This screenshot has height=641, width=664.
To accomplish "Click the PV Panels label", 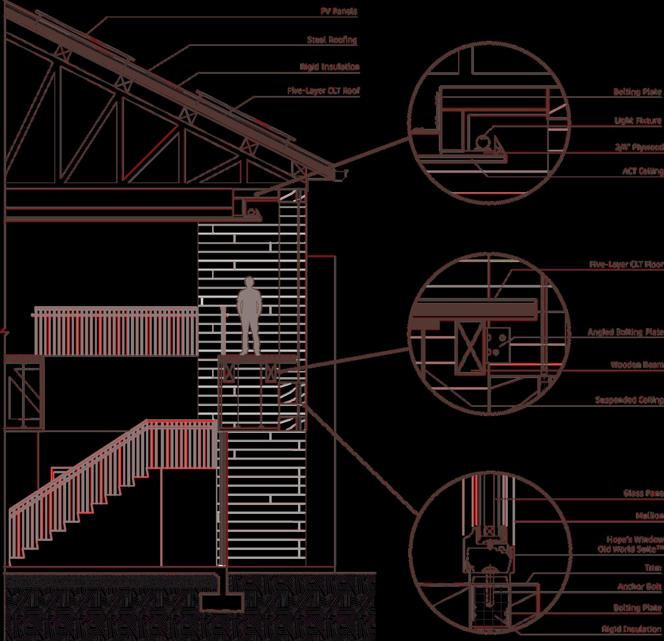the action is tap(338, 12).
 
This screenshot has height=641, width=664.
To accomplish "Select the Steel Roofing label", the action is tap(332, 40).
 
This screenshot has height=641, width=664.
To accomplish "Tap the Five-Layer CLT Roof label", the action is tap(323, 91).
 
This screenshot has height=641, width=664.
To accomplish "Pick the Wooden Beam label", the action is tap(636, 365).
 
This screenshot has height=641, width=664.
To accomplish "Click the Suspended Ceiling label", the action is tap(629, 400).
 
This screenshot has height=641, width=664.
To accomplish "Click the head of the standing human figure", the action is tap(250, 283).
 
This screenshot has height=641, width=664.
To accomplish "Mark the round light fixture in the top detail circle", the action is tap(482, 142).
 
